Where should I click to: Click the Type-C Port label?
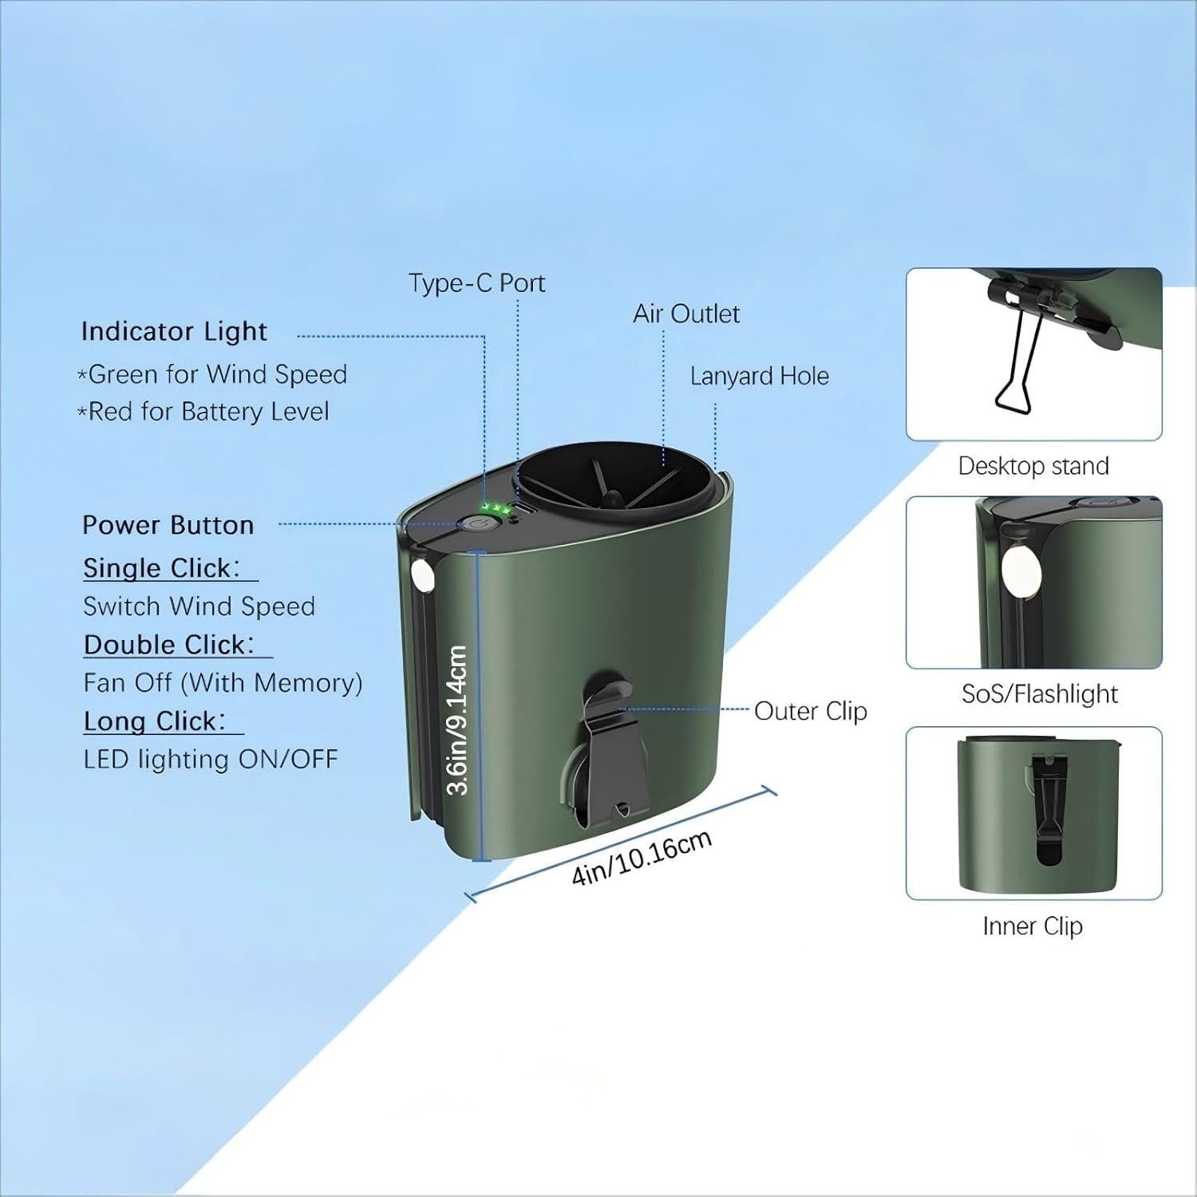click(x=476, y=283)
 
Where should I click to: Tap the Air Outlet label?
click(x=685, y=314)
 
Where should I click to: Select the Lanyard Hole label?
click(x=759, y=376)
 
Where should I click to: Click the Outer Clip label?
click(x=810, y=711)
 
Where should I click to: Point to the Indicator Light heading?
click(x=174, y=331)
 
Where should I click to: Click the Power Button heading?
click(x=168, y=525)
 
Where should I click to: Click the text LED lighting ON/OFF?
click(x=211, y=759)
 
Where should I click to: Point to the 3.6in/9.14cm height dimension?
click(x=457, y=720)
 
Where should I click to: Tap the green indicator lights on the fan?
click(x=495, y=508)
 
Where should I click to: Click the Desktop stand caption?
click(x=1033, y=466)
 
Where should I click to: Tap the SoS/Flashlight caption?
click(x=1039, y=694)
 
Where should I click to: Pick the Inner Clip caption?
click(x=1033, y=926)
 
